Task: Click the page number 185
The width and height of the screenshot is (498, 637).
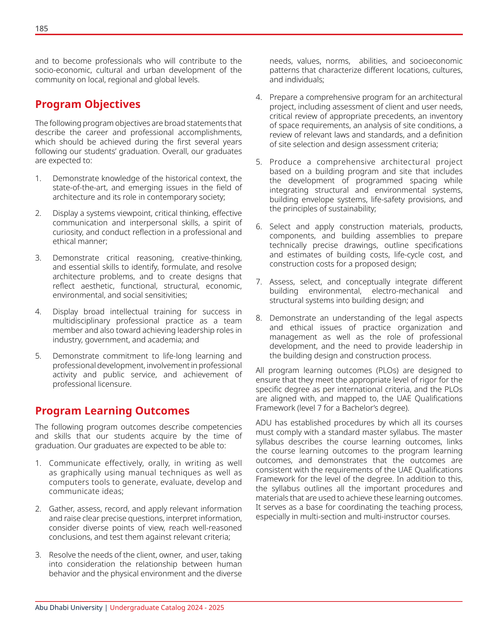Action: coord(41,29)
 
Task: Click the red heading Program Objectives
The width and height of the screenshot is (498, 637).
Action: coord(88,104)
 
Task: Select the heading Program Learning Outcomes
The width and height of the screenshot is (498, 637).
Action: coord(112,411)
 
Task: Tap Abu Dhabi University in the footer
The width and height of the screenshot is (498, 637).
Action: coord(68,607)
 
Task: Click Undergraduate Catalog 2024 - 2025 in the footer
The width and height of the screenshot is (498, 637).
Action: coord(167,607)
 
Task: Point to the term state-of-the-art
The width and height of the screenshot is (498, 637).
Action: coord(80,188)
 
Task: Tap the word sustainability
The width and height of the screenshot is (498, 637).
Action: coord(353,209)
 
